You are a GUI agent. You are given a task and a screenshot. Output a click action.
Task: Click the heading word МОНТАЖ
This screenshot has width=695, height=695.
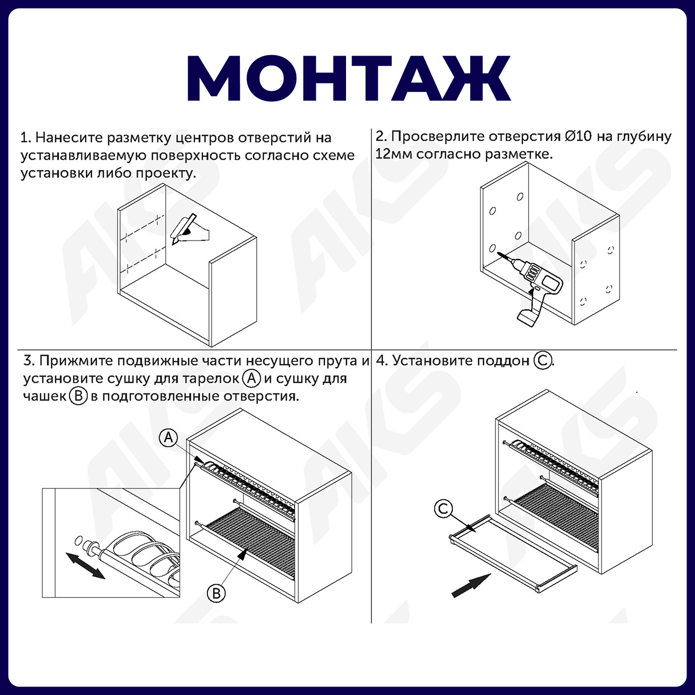click(348, 78)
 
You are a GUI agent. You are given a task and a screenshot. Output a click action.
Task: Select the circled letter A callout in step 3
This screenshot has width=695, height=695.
click(169, 437)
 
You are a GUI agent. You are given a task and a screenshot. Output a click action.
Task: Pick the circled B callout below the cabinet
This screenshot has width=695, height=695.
click(216, 593)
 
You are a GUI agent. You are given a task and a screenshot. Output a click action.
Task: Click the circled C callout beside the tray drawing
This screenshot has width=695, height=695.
click(443, 508)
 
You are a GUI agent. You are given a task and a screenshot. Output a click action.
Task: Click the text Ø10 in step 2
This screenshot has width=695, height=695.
click(578, 136)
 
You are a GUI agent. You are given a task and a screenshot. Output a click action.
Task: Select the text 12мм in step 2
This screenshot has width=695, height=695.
click(394, 154)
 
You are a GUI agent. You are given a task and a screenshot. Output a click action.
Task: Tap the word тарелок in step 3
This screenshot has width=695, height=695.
click(211, 379)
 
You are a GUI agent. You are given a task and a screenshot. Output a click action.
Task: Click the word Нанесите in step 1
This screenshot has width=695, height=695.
click(69, 138)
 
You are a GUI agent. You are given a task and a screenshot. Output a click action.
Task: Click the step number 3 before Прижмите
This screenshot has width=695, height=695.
click(28, 360)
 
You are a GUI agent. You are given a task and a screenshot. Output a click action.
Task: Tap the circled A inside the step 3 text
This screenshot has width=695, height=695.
click(252, 378)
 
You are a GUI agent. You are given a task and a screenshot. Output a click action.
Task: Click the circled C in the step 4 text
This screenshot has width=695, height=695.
click(542, 360)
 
